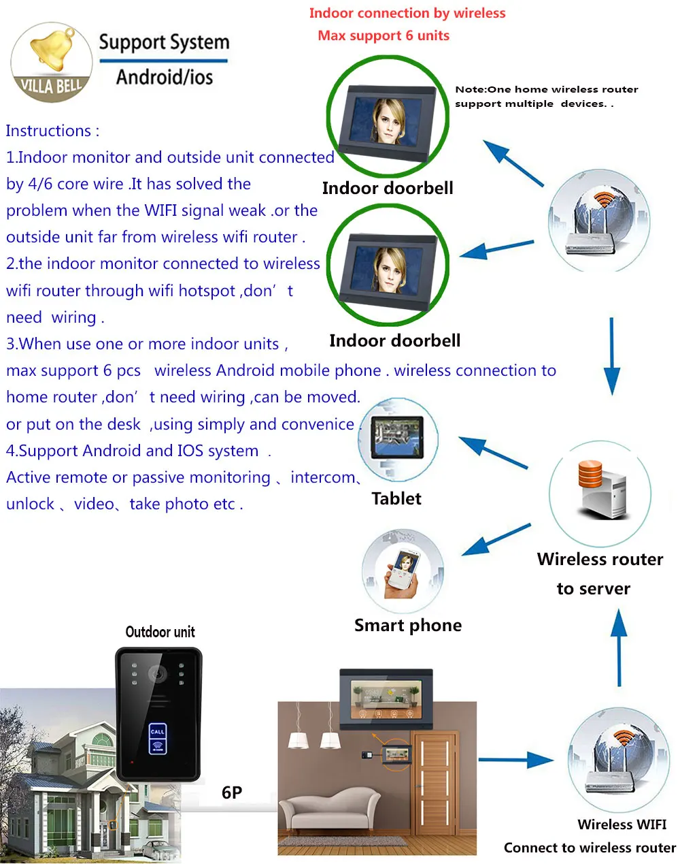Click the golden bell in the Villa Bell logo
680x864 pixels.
[53, 50]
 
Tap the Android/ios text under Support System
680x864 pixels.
[165, 77]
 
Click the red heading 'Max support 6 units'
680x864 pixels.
[384, 35]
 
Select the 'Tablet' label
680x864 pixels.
[396, 498]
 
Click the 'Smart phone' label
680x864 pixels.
[408, 625]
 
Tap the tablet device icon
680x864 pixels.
[397, 438]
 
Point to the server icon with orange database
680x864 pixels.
[601, 490]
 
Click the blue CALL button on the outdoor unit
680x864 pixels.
[158, 731]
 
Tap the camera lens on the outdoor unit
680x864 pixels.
[157, 673]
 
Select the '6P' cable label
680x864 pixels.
[232, 793]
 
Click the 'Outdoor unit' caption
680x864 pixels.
[160, 632]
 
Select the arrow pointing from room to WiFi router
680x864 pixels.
[516, 759]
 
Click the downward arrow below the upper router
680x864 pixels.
[612, 357]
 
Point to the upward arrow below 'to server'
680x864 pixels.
[619, 648]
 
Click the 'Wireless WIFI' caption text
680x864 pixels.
[622, 825]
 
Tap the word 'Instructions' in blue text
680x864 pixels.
[48, 131]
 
